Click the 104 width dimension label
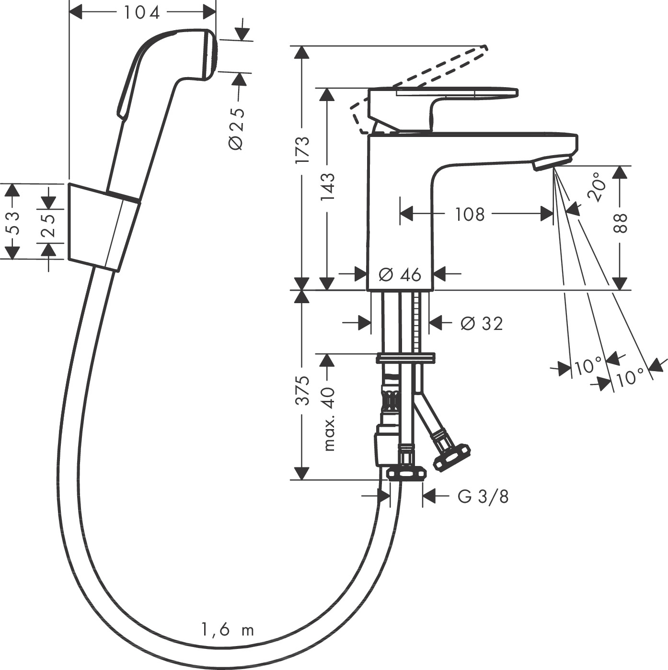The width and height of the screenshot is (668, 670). click(142, 12)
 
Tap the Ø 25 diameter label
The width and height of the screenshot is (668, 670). click(237, 128)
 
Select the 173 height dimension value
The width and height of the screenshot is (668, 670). click(302, 150)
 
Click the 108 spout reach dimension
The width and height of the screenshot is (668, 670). click(470, 214)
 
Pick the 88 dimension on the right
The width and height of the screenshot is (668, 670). click(620, 223)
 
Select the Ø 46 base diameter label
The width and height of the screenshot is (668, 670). click(400, 274)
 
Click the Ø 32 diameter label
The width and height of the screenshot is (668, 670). click(481, 324)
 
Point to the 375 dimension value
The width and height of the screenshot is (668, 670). click(302, 390)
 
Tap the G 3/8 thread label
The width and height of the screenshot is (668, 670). click(483, 497)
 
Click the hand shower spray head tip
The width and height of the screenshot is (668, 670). click(211, 53)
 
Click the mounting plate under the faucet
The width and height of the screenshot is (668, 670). click(405, 358)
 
